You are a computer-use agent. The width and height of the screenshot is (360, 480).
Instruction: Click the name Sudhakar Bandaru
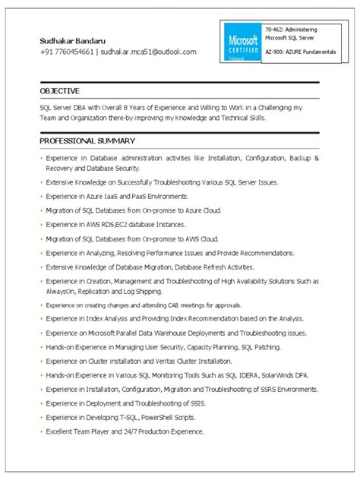(x=74, y=39)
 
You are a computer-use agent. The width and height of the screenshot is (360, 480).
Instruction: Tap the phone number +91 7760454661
(x=68, y=52)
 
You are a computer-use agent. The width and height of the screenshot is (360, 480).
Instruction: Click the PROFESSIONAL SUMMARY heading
(x=87, y=141)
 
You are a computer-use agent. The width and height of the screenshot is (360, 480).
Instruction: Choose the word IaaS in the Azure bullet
(x=113, y=196)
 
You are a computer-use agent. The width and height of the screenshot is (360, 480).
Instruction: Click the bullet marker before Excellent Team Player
(x=39, y=432)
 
